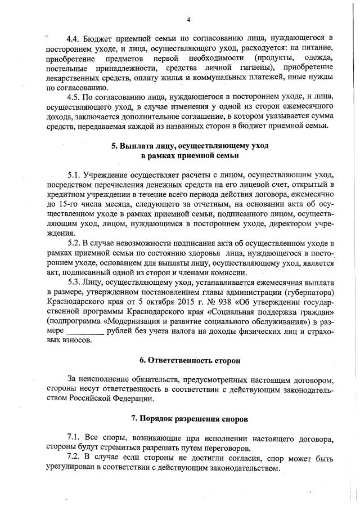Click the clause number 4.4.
point(73,39)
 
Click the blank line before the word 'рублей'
point(82,331)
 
